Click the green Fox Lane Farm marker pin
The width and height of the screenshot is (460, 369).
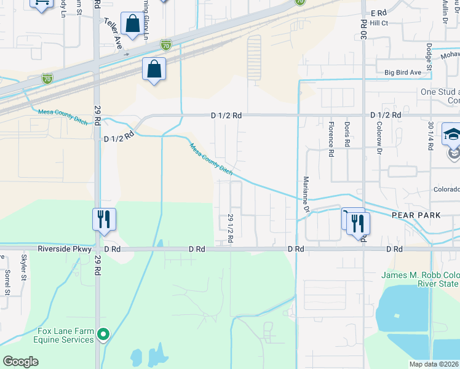coord(103,335)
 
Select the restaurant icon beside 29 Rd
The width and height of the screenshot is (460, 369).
coord(104,220)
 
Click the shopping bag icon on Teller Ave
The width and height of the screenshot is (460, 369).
coord(132,24)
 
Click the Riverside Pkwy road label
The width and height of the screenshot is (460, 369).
coord(65,249)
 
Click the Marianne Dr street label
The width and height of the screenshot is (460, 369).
coord(305,195)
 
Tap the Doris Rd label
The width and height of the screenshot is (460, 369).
coord(347,134)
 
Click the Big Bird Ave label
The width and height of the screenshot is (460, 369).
coord(403,73)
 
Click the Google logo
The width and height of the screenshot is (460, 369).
coord(21,361)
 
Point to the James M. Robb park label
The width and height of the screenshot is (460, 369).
coord(419,279)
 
